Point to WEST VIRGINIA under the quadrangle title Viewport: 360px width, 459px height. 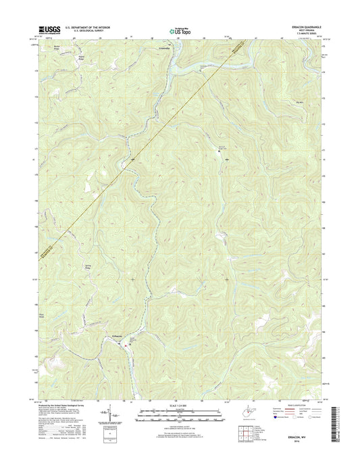pyautogui.click(x=317, y=30)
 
